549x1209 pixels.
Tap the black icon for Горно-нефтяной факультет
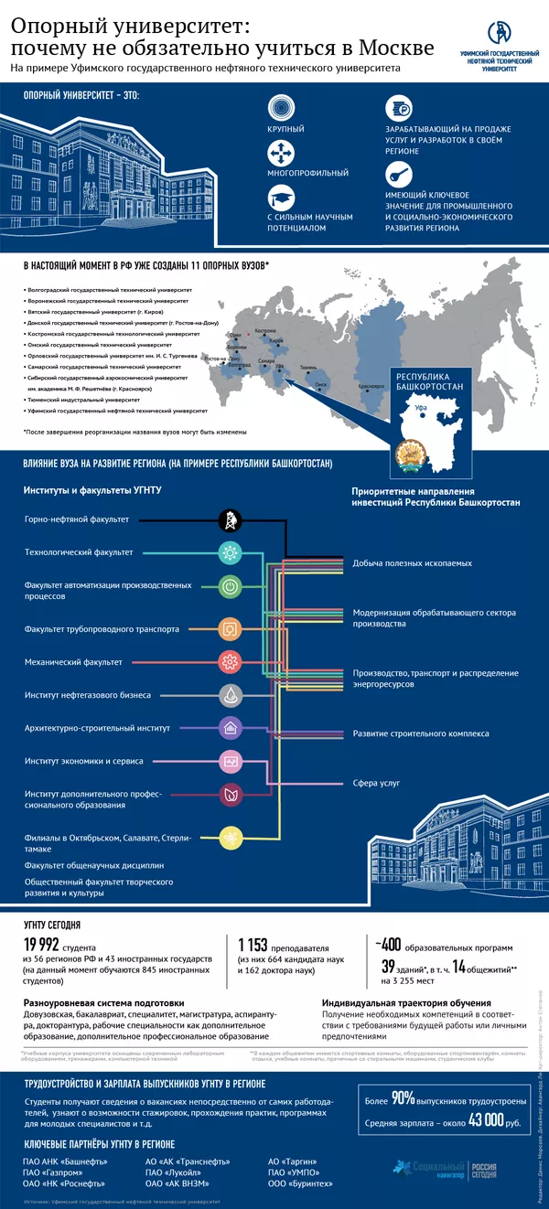point(230,520)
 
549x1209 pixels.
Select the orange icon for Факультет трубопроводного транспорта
point(230,628)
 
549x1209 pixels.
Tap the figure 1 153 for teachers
point(256,946)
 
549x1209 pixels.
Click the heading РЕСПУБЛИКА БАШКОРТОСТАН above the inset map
point(427,380)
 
